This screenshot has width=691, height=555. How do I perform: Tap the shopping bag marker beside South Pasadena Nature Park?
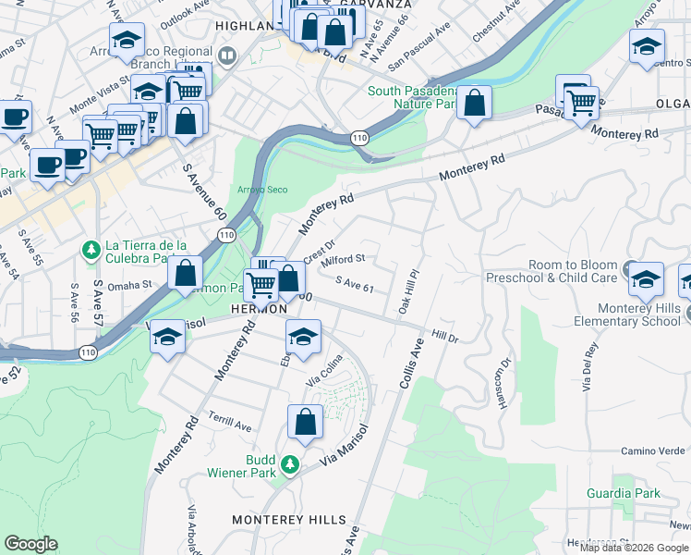474,105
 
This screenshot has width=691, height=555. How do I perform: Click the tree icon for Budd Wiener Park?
291,463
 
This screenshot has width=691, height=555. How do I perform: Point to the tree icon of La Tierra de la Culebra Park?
91,249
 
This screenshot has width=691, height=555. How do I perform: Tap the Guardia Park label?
624,494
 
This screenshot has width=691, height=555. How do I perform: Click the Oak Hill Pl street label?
408,291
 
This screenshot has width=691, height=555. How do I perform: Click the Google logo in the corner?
30,544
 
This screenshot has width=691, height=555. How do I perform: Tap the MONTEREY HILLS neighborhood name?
289,520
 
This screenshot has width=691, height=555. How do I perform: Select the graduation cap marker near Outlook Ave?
127,41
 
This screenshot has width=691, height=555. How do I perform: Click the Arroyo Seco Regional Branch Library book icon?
228,56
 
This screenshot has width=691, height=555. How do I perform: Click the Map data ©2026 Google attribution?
634,548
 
